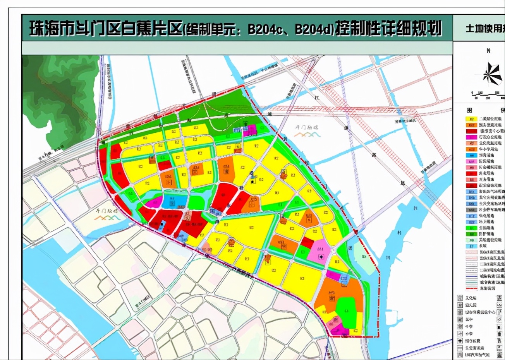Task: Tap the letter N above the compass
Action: pyautogui.click(x=489, y=51)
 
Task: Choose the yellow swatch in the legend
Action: pyautogui.click(x=471, y=119)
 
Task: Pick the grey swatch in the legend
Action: pyautogui.click(x=471, y=209)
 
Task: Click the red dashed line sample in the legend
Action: pyautogui.click(x=471, y=288)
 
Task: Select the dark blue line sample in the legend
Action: pyautogui.click(x=471, y=276)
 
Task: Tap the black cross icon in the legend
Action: pyautogui.click(x=460, y=341)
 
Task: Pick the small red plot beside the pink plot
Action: pyautogui.click(x=307, y=243)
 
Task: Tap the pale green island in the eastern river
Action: pyautogui.click(x=363, y=259)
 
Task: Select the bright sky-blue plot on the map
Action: pyautogui.click(x=169, y=202)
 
